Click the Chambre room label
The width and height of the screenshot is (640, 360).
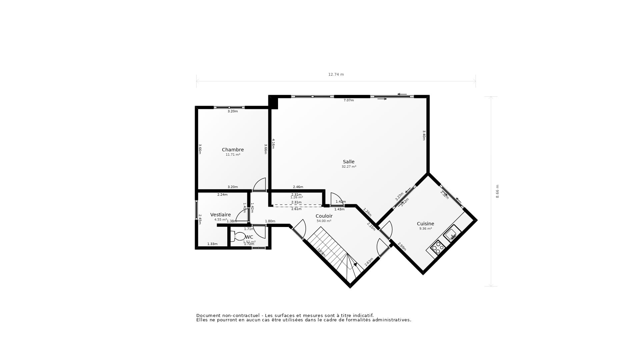pos(233,150)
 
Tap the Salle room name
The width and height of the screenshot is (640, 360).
pos(349,162)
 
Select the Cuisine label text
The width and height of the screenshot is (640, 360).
pos(425,224)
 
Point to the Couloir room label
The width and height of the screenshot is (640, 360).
pos(324,216)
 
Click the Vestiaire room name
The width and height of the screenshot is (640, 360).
pos(220,215)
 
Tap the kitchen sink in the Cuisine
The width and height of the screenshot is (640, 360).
pos(451,233)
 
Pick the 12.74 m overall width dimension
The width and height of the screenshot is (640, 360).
pos(336,74)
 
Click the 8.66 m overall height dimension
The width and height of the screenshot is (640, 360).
pos(497,191)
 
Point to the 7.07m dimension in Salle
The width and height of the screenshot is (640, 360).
pos(349,100)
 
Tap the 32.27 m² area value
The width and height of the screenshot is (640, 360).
pos(349,167)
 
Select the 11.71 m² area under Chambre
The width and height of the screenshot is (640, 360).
pos(233,155)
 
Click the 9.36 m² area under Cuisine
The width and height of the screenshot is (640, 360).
pos(425,229)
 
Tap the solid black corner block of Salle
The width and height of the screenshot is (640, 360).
pos(273,102)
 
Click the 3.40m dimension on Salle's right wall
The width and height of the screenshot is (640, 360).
pos(424,135)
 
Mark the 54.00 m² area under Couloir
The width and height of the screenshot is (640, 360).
pos(324,221)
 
